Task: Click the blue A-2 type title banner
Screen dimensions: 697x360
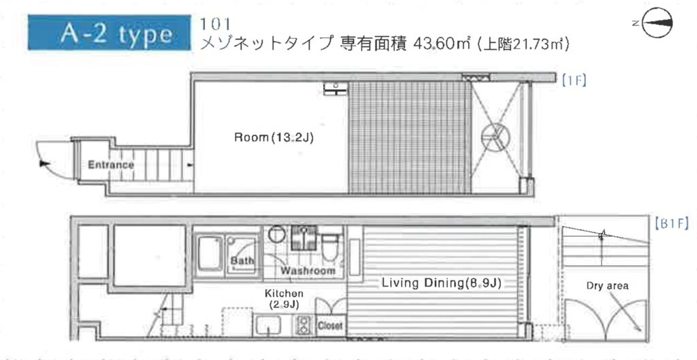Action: pyautogui.click(x=110, y=33)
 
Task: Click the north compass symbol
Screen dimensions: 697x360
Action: pyautogui.click(x=657, y=23)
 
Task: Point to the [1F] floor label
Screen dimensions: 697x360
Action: pyautogui.click(x=574, y=80)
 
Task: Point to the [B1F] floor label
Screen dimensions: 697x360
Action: pyautogui.click(x=671, y=223)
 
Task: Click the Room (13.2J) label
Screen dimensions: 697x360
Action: pyautogui.click(x=274, y=137)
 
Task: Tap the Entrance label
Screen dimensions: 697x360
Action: pyautogui.click(x=111, y=165)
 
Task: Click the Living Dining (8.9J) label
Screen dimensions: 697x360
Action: pyautogui.click(x=441, y=283)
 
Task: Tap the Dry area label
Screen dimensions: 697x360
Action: pyautogui.click(x=607, y=286)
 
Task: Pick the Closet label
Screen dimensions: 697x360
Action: pyautogui.click(x=330, y=325)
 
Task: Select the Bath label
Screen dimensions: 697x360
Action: pyautogui.click(x=242, y=261)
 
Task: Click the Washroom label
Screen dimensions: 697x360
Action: pyautogui.click(x=308, y=270)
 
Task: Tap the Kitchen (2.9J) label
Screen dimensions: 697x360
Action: pyautogui.click(x=284, y=299)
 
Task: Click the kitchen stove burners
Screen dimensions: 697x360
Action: pyautogui.click(x=304, y=325)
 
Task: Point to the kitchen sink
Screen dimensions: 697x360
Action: pyautogui.click(x=267, y=326)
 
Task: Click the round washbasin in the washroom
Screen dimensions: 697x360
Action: pyautogui.click(x=276, y=234)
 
